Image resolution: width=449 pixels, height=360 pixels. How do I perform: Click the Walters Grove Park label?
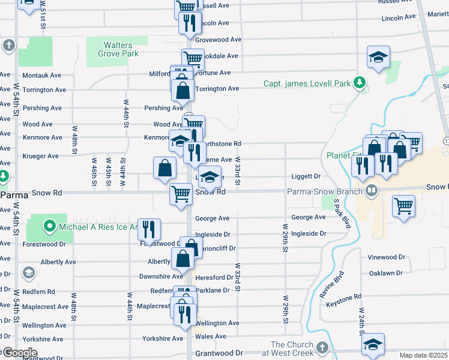click(x=118, y=49)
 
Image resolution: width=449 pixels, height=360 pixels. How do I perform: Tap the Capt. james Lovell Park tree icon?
click(x=360, y=83)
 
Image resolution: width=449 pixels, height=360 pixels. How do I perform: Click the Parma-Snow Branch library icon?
click(x=372, y=191)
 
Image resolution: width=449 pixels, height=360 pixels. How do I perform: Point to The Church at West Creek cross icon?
click(x=322, y=348)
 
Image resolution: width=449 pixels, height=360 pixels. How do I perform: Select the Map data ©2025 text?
click(x=423, y=355)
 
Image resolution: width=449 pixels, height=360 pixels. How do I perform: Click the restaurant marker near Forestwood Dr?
click(x=149, y=229)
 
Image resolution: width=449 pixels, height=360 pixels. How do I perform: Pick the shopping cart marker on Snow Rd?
click(x=181, y=194)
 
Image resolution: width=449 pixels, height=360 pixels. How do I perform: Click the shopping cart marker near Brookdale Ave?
click(x=193, y=59)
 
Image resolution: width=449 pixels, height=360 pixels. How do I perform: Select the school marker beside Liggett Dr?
click(x=209, y=177)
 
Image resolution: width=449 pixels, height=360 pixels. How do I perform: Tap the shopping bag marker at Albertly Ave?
click(x=183, y=259)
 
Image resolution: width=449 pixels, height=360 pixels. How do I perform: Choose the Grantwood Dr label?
click(x=221, y=353)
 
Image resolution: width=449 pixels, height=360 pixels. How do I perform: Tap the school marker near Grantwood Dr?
click(x=373, y=344)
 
